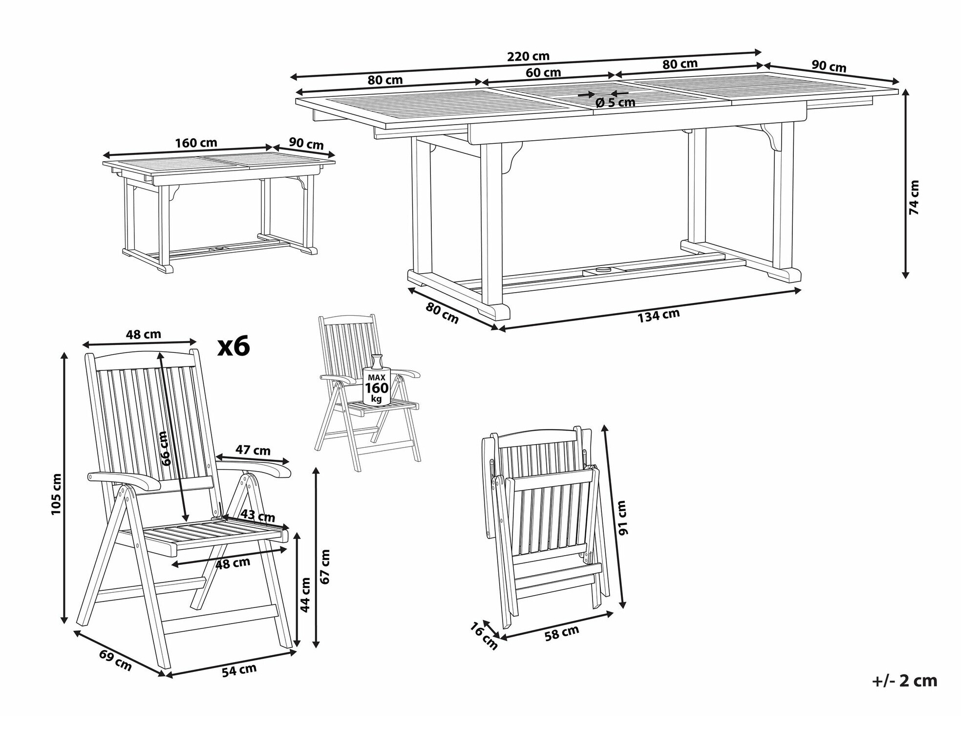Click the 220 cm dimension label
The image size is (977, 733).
click(x=528, y=56)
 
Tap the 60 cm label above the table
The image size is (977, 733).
click(x=543, y=72)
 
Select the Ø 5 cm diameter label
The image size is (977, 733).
click(x=616, y=103)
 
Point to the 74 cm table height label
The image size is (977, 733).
click(x=914, y=197)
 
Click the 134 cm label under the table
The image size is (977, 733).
click(x=658, y=316)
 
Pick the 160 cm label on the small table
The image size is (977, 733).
click(x=196, y=143)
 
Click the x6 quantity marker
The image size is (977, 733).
click(x=234, y=346)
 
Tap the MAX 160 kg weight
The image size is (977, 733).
click(x=377, y=388)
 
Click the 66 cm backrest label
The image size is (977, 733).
click(x=166, y=448)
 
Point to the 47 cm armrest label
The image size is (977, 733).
click(x=253, y=450)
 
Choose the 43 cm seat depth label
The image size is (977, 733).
click(x=258, y=516)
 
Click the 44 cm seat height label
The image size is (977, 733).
click(x=305, y=595)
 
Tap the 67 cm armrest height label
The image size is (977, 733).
click(x=325, y=566)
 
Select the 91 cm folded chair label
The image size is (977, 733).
click(x=621, y=517)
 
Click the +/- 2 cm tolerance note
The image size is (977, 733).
click(x=905, y=681)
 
